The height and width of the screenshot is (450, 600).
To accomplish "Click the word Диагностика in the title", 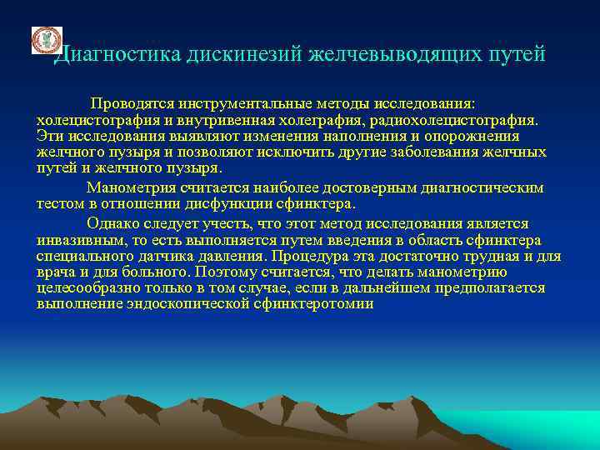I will click(109, 55).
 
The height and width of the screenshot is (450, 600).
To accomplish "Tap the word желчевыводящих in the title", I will click(379, 55).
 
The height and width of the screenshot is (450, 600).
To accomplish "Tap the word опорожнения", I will click(470, 137).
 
